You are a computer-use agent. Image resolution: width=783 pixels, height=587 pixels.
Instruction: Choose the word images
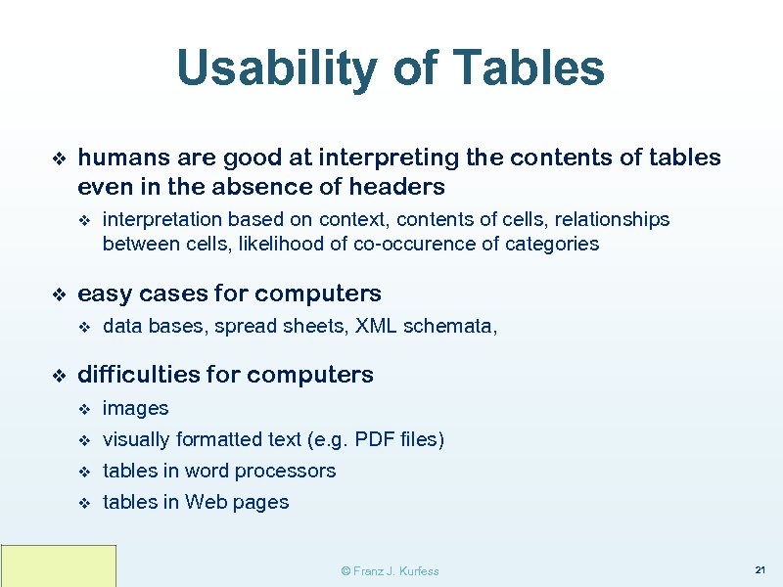[x=135, y=409]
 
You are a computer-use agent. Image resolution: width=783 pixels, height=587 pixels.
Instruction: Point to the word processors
[x=288, y=472]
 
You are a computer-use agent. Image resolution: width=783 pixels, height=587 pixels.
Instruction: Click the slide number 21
[x=760, y=569]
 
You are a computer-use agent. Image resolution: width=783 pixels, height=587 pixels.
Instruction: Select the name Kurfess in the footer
[x=417, y=571]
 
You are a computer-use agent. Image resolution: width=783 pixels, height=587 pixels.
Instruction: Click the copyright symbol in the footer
[x=345, y=571]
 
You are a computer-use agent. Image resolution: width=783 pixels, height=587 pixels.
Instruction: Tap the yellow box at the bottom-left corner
[x=59, y=566]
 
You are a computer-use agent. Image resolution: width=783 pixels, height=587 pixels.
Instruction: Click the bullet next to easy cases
[x=58, y=294]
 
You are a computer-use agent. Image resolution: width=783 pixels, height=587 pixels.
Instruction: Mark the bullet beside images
[x=84, y=409]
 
